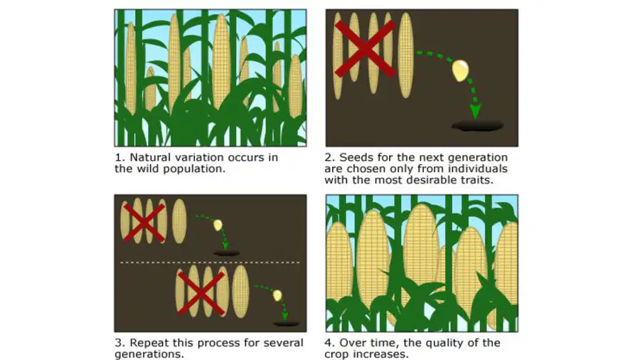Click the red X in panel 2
pyautogui.click(x=365, y=49)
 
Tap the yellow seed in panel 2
pyautogui.click(x=460, y=70)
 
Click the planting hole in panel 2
pyautogui.click(x=477, y=126)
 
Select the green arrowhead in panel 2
pyautogui.click(x=475, y=112)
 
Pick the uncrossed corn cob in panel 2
pyautogui.click(x=405, y=55)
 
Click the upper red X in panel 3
pyautogui.click(x=144, y=223)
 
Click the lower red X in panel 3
pyautogui.click(x=201, y=293)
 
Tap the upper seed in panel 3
pyautogui.click(x=218, y=225)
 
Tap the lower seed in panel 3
pyautogui.click(x=277, y=295)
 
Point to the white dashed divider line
pyautogui.click(x=210, y=263)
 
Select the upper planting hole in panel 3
pyautogui.click(x=227, y=253)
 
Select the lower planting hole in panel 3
pyautogui.click(x=286, y=324)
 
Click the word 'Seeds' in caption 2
pyautogui.click(x=354, y=157)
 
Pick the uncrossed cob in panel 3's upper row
pyautogui.click(x=179, y=221)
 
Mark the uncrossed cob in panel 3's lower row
pyautogui.click(x=240, y=292)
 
